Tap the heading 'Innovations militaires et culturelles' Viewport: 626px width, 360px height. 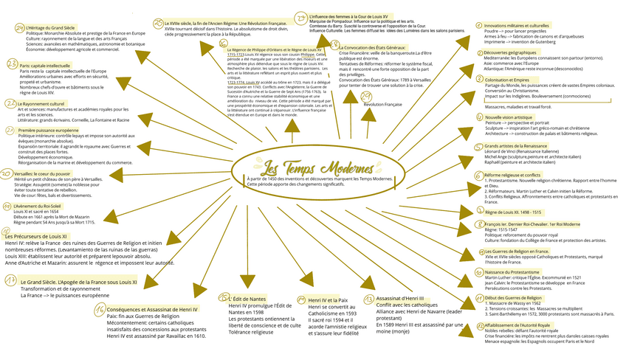[516, 25]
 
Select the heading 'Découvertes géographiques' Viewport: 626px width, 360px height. [510, 53]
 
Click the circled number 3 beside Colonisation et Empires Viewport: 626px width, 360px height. [479, 80]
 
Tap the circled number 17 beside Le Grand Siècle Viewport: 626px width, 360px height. [11, 280]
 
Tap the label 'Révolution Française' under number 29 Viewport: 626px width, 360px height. [383, 105]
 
